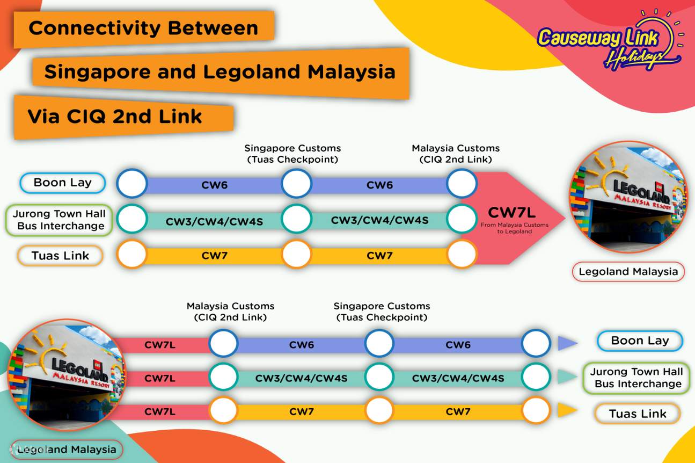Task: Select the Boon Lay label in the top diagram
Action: point(62,183)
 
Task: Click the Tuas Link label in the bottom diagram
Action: point(637,414)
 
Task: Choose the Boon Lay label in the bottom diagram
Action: point(640,341)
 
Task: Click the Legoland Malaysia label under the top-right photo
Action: point(628,272)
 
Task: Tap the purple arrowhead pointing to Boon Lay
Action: point(566,343)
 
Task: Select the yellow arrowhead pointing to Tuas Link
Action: point(566,411)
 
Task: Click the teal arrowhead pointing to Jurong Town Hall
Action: point(566,378)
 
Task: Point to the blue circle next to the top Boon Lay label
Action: point(131,184)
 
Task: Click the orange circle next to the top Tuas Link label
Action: point(131,254)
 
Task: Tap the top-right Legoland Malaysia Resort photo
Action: point(627,198)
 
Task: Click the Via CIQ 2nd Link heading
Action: point(114,116)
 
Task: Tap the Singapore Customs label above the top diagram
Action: point(292,154)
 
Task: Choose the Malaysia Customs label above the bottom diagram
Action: point(230,312)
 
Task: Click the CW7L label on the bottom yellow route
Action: point(160,412)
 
